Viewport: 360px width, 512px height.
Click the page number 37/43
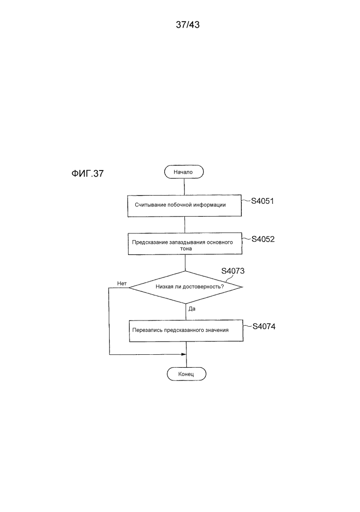(x=187, y=25)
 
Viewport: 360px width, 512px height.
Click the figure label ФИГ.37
(x=88, y=174)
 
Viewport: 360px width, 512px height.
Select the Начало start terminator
(x=184, y=172)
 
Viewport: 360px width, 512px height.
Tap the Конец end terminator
(x=186, y=374)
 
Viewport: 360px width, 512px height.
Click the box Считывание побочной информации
(x=184, y=205)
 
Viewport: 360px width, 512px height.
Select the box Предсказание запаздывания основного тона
(x=185, y=244)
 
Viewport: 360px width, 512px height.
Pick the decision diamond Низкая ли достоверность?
(x=186, y=287)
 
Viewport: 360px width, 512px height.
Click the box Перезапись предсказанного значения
(x=186, y=331)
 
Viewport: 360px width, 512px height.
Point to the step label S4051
(x=262, y=201)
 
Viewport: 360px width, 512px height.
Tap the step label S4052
(x=263, y=239)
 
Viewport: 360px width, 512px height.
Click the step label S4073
(x=233, y=271)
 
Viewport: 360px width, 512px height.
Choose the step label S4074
(x=264, y=327)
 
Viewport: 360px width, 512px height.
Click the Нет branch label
(x=122, y=284)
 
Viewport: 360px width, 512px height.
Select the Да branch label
(x=192, y=309)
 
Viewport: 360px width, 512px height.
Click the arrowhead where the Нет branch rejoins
(x=184, y=355)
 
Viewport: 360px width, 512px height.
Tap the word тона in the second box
(x=186, y=248)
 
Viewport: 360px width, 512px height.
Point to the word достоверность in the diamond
(x=203, y=287)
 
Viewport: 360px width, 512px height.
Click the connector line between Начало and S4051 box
(x=184, y=187)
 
